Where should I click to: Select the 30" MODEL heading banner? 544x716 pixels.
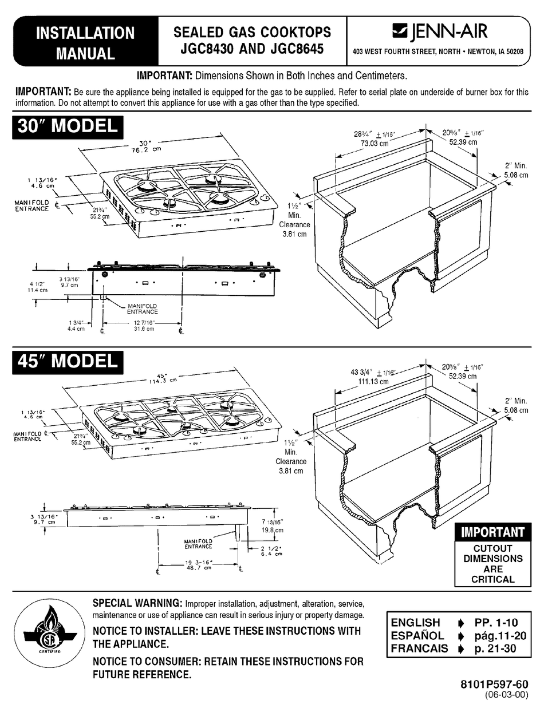click(67, 126)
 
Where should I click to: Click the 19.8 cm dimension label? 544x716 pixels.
click(272, 531)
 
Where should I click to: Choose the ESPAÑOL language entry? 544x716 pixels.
click(417, 635)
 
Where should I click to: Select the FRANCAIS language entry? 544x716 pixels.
click(419, 648)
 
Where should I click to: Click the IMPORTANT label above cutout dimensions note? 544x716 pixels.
click(492, 532)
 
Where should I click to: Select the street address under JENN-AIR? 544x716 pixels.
click(438, 52)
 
